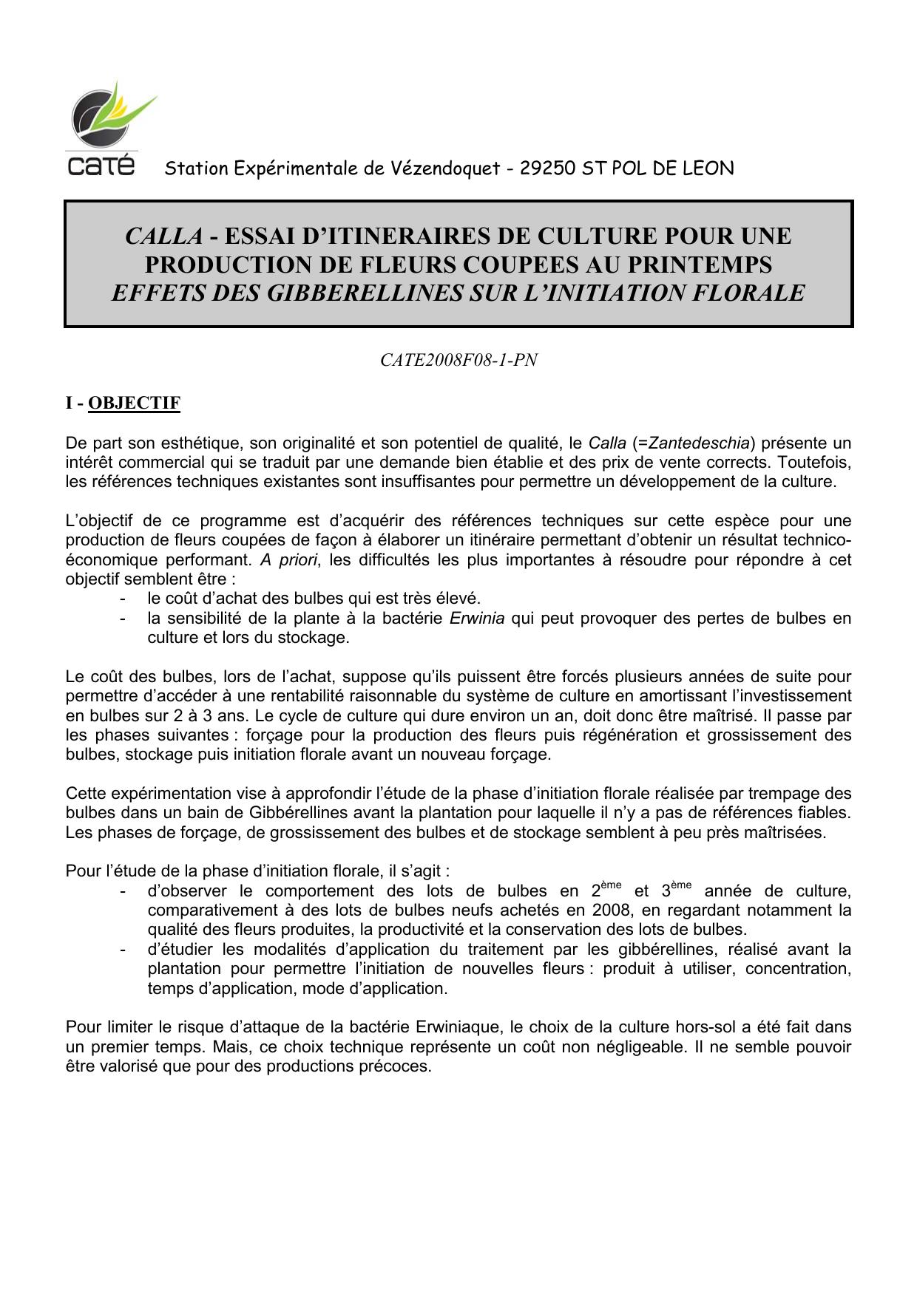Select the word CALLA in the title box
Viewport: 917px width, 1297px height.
(x=163, y=236)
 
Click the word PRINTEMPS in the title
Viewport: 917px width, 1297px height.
(x=705, y=264)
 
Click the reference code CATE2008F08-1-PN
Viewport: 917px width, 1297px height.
(x=458, y=361)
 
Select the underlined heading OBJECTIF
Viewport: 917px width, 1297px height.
(x=134, y=403)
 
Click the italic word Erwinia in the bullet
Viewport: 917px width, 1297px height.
(x=476, y=618)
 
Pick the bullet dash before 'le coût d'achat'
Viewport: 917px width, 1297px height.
(x=122, y=599)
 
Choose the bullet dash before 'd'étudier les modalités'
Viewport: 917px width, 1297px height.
(x=122, y=950)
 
